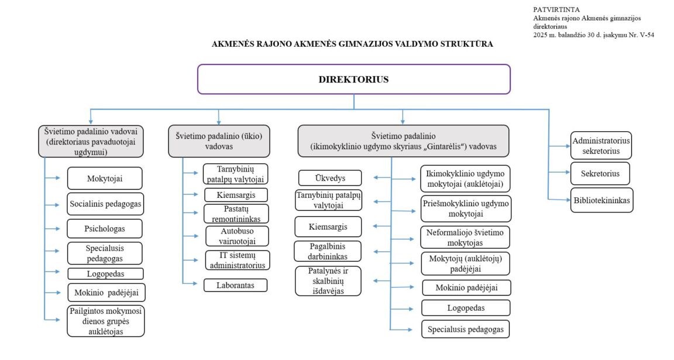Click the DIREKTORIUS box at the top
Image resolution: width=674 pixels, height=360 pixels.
point(353,79)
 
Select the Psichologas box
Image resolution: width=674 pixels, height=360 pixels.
point(105,227)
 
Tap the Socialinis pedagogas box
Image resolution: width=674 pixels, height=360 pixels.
point(105,204)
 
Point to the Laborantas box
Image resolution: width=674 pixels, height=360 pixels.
point(236,285)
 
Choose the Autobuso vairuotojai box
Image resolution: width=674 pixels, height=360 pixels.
point(237,236)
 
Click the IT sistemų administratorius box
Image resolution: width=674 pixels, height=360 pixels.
point(237,260)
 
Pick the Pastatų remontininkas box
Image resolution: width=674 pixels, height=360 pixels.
point(236,213)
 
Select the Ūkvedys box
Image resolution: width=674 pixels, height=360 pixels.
point(330,177)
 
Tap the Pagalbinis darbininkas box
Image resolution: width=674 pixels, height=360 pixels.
point(328,251)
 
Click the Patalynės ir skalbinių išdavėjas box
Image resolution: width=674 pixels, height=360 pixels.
point(328,280)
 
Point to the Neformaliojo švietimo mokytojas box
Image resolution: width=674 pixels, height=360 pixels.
point(465,236)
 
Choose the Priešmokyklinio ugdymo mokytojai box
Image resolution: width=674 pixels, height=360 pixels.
point(466,209)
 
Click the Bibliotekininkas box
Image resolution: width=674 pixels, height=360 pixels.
point(601,201)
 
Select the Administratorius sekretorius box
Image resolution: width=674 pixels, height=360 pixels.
point(601,145)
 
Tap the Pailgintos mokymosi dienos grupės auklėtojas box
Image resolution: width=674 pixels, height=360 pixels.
point(105,321)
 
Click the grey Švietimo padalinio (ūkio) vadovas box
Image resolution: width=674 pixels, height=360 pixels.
point(219,141)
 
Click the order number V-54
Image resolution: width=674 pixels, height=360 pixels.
point(646,35)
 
